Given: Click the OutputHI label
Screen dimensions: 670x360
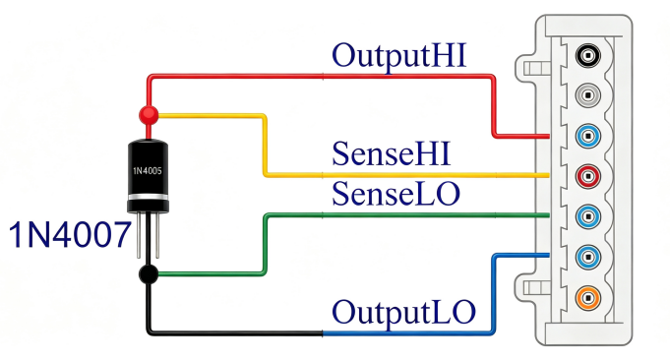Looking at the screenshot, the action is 398,57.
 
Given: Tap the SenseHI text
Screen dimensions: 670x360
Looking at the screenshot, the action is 391,153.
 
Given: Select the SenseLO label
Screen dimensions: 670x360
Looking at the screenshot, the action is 396,194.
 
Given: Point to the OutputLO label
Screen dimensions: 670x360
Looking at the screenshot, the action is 403,312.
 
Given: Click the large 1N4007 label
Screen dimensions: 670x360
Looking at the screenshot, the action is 70,235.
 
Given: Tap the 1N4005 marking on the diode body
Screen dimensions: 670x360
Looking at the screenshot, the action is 148,171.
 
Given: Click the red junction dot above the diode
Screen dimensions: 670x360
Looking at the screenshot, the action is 149,115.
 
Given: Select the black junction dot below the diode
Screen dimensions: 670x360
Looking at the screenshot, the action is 149,274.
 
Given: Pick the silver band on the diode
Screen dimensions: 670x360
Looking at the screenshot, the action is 148,197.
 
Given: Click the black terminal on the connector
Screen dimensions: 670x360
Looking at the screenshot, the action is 588,55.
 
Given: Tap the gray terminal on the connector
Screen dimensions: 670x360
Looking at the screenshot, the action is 588,94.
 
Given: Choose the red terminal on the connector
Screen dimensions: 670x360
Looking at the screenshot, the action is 588,176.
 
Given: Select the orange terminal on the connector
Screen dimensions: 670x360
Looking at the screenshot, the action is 588,297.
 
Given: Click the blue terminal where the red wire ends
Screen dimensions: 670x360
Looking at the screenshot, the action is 588,136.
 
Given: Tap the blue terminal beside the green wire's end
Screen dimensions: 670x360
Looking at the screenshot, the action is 588,216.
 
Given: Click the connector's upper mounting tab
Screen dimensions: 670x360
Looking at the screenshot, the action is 526,68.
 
